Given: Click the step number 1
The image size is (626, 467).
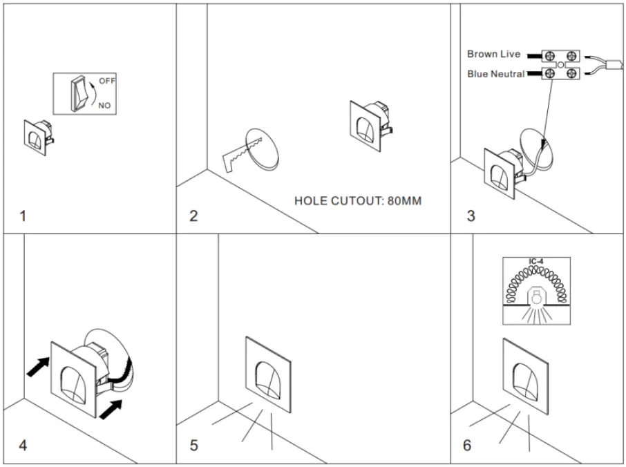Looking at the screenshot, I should coord(23,216).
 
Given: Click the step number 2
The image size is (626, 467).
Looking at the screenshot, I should coord(194,216).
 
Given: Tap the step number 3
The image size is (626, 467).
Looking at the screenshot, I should coord(471,216).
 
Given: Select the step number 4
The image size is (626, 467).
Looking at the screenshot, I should coord(23,446).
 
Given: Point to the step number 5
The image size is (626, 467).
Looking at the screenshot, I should coord(194,446).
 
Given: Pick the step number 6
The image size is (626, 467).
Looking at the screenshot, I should coord(468,446).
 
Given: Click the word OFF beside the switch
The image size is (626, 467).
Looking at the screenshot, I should coord(107,81).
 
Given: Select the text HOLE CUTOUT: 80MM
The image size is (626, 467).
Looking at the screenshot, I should coord(357,201).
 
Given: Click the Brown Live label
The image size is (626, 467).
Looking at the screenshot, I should coord(493,55).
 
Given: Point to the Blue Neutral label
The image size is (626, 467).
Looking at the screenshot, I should coord(495,74).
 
